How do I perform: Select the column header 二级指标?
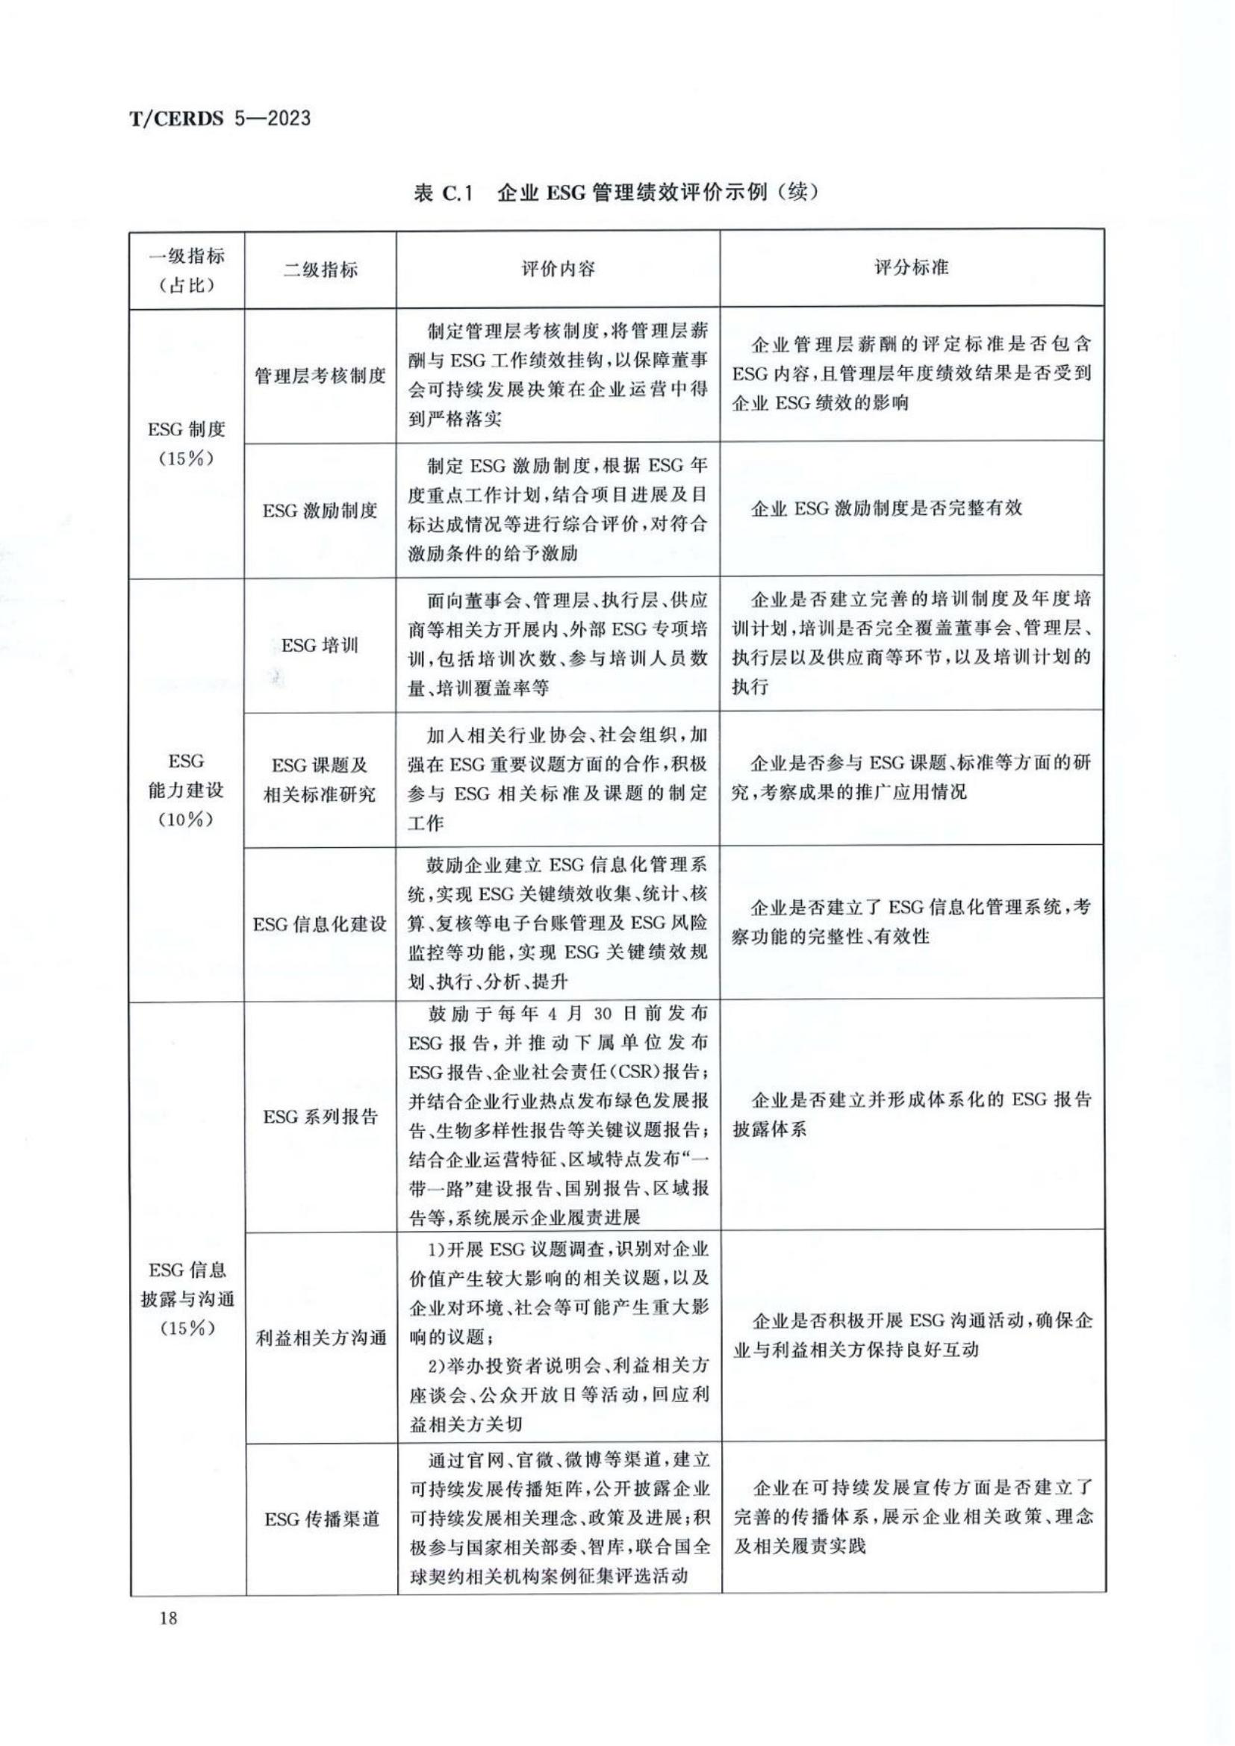pos(320,269)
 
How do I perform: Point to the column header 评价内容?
pos(558,269)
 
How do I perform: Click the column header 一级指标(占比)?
pos(187,270)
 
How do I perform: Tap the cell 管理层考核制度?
pos(320,375)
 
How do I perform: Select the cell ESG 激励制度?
pos(320,511)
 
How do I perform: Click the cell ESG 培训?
pos(320,646)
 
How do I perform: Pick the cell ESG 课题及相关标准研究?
pos(320,780)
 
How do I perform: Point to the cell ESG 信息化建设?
pos(320,924)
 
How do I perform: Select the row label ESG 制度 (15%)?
pos(187,444)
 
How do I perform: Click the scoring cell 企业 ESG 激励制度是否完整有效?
pos(887,509)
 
